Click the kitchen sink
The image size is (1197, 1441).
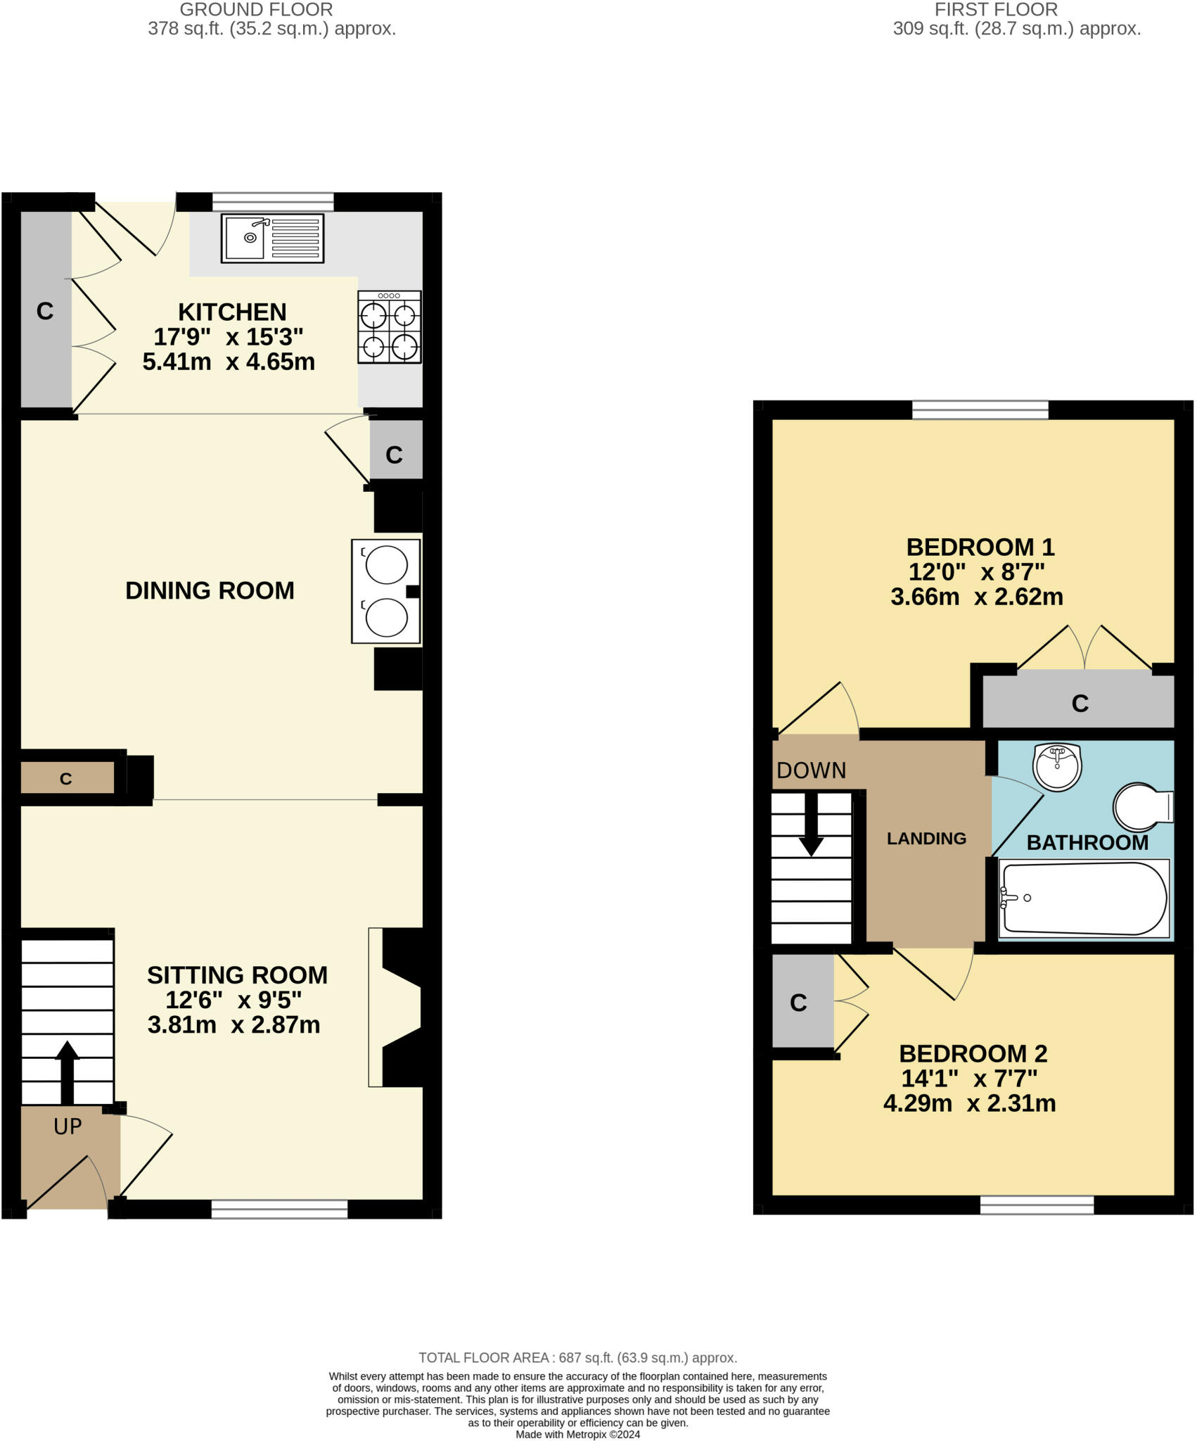tap(273, 238)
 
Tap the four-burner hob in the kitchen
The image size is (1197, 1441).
tap(389, 327)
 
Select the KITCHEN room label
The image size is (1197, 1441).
tap(232, 312)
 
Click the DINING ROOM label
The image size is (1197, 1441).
tap(210, 590)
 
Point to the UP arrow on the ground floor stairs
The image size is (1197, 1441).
tap(68, 1071)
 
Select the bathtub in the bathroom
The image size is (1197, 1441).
tap(1083, 899)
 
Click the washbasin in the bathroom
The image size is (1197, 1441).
tap(1057, 765)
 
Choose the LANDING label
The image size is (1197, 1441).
tap(926, 838)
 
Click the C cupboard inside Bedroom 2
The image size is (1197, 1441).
tap(798, 1003)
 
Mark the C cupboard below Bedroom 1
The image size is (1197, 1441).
tap(1080, 703)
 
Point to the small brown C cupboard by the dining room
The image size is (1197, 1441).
tap(66, 779)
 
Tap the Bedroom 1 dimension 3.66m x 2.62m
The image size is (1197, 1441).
tap(977, 597)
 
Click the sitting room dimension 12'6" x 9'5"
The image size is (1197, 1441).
tap(233, 1000)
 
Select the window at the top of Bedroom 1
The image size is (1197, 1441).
tap(980, 410)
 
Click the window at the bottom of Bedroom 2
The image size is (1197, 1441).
tap(1037, 1205)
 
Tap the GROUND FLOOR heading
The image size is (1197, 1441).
tap(256, 10)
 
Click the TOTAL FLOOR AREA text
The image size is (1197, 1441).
tap(577, 1358)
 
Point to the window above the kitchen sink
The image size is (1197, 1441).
tap(273, 201)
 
